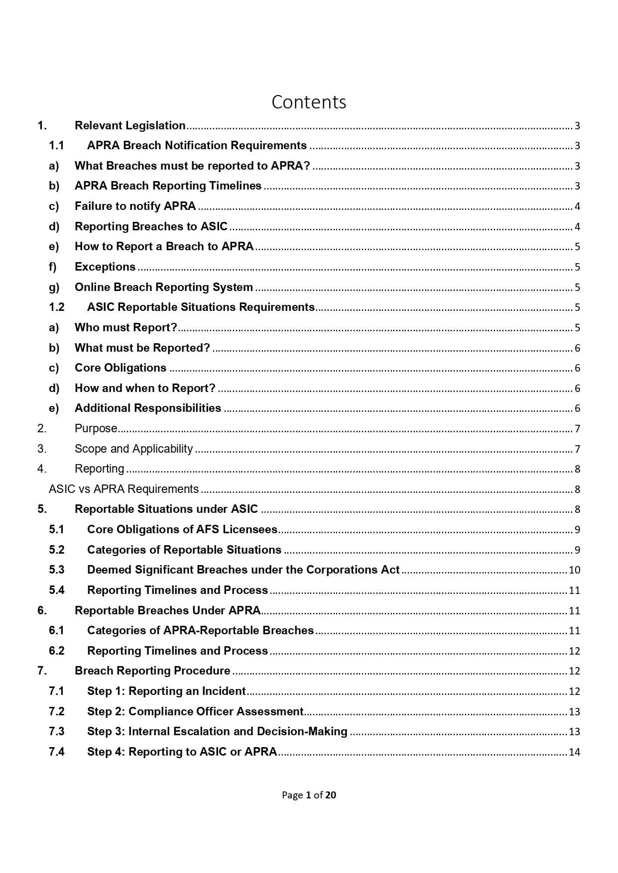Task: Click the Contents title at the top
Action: tap(309, 102)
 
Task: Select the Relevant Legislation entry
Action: tap(130, 126)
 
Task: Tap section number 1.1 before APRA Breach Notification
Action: tap(56, 146)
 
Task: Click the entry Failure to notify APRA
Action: tap(135, 206)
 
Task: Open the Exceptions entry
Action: tap(105, 267)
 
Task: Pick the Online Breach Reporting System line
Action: tap(163, 288)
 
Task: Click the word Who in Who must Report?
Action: tap(86, 328)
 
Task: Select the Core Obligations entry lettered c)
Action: tap(121, 368)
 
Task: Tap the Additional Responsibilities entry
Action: tap(147, 408)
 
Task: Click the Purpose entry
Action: tap(96, 429)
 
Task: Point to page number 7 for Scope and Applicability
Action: tap(577, 449)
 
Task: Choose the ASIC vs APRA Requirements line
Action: tap(124, 489)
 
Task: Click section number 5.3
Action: tap(57, 570)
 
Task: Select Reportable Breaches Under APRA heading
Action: tap(167, 611)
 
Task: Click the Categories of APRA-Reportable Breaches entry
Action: tap(200, 631)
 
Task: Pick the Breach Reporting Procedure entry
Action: tap(152, 671)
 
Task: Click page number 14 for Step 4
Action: tap(574, 752)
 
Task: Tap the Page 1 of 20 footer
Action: tap(309, 795)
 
